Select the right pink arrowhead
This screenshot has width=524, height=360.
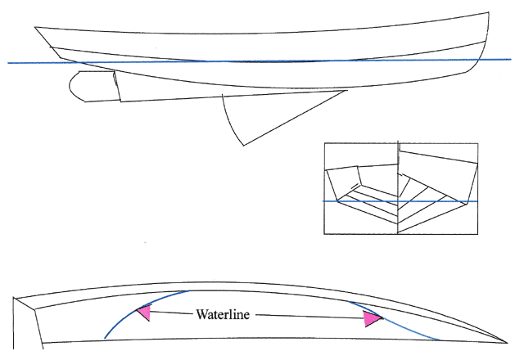click(373, 319)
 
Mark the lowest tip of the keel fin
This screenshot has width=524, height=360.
click(243, 146)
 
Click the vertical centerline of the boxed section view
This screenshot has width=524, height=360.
click(398, 188)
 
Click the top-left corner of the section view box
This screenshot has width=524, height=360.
click(325, 144)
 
